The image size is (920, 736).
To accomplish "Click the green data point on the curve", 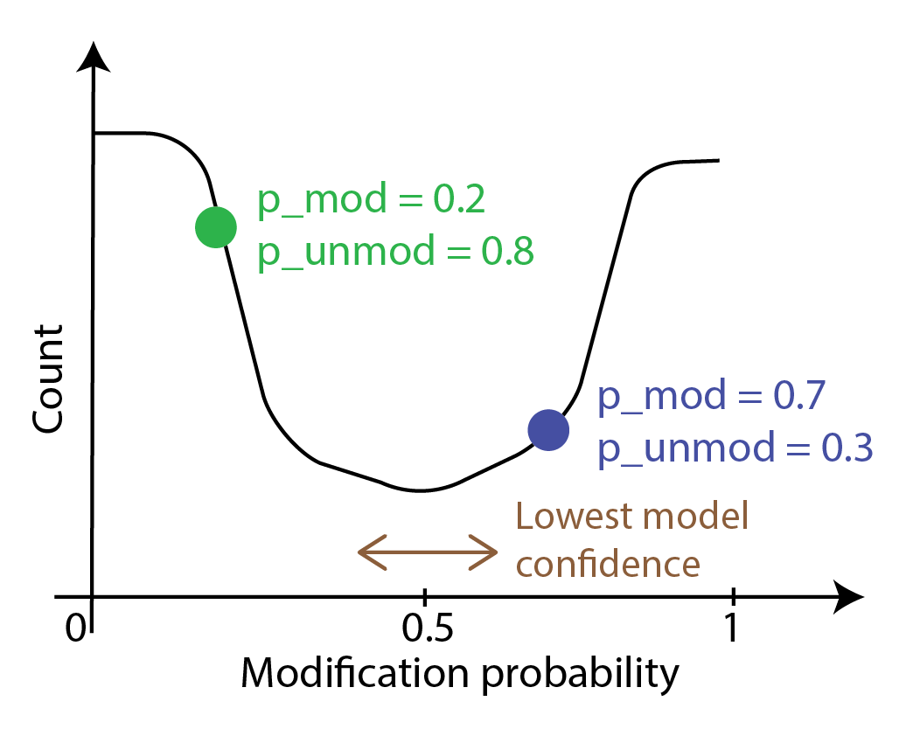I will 215,227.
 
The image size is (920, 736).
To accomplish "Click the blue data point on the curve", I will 548,430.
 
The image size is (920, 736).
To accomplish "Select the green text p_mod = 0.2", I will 371,203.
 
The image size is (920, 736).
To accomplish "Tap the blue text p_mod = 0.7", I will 711,399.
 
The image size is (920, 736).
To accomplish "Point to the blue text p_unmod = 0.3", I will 735,448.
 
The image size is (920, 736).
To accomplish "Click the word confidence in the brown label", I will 608,564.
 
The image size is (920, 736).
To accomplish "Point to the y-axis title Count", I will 48,378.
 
